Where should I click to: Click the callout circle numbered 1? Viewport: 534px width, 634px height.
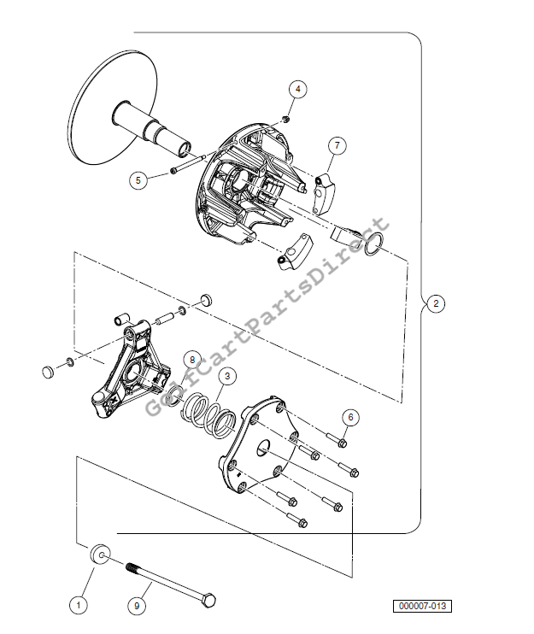pyautogui.click(x=79, y=605)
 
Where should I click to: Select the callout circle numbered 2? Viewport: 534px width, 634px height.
pyautogui.click(x=436, y=303)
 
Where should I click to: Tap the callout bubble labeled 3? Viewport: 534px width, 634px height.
pyautogui.click(x=227, y=376)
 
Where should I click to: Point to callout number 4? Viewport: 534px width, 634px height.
pyautogui.click(x=298, y=89)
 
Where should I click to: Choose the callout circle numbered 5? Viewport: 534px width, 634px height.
pyautogui.click(x=138, y=180)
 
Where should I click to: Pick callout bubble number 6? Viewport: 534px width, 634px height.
pyautogui.click(x=350, y=417)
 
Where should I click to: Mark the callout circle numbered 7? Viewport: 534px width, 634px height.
pyautogui.click(x=337, y=145)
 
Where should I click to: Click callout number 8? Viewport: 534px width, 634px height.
pyautogui.click(x=192, y=360)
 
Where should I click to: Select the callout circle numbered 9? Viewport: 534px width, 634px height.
pyautogui.click(x=137, y=606)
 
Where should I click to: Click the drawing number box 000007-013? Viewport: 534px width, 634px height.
pyautogui.click(x=422, y=606)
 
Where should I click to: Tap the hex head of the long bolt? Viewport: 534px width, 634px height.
pyautogui.click(x=208, y=600)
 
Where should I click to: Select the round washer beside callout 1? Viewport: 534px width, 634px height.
pyautogui.click(x=100, y=555)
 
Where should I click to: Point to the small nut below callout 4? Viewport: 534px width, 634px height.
pyautogui.click(x=286, y=120)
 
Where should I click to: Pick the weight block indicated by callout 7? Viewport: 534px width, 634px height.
pyautogui.click(x=324, y=193)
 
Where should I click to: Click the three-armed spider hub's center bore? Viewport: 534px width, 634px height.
pyautogui.click(x=133, y=373)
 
